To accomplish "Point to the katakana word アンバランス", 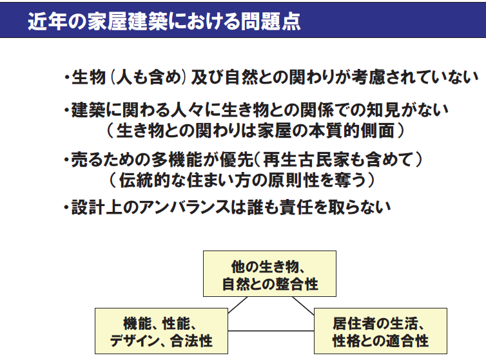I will (192, 208).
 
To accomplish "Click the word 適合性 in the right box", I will (406, 339).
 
